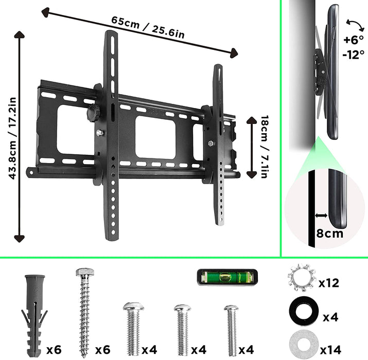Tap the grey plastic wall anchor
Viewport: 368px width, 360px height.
point(33,312)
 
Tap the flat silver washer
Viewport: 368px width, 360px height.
point(300,342)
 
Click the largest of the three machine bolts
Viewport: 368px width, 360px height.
point(133,329)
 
